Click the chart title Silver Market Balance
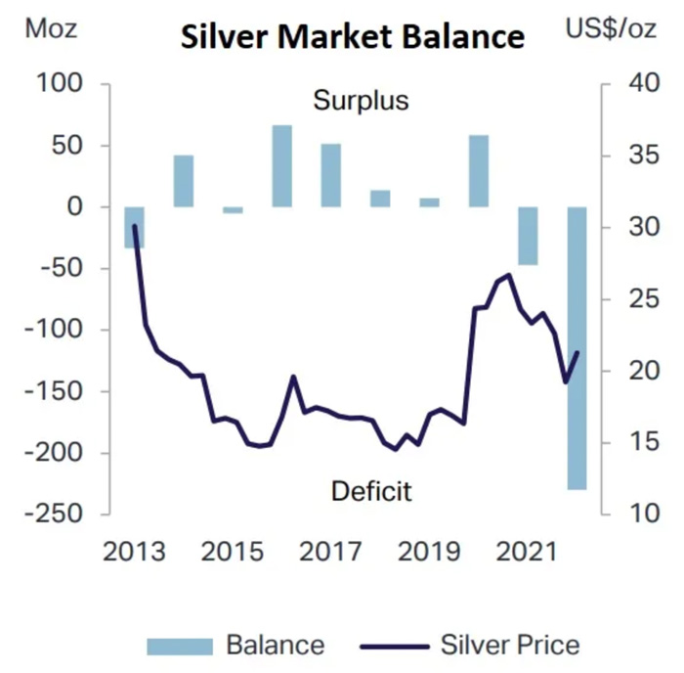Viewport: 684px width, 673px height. point(352,36)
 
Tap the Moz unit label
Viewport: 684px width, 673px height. point(51,28)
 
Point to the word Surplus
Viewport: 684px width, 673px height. point(361,100)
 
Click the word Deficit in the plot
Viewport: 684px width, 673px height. point(370,490)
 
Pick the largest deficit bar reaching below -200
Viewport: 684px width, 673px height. point(577,347)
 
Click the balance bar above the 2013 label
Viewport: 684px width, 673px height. point(134,227)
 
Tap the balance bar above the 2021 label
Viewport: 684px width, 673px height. point(528,235)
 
